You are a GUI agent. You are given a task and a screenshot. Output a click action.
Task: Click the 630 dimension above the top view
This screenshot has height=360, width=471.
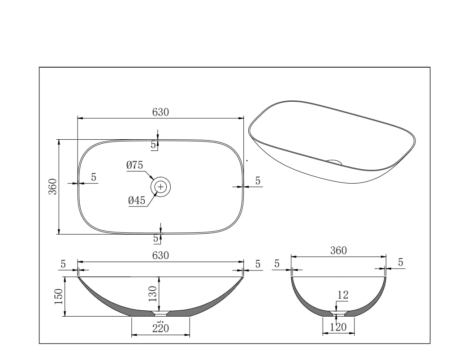160,112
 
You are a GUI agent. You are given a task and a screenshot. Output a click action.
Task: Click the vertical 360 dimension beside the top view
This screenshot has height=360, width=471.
52,186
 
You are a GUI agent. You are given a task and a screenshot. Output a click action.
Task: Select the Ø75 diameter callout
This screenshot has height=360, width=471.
134,165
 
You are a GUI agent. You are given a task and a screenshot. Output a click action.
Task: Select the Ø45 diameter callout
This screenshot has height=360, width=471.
137,201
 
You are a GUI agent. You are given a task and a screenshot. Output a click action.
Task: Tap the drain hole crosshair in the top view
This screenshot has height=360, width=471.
161,186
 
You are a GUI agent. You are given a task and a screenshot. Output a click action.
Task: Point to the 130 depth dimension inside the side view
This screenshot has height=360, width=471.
153,294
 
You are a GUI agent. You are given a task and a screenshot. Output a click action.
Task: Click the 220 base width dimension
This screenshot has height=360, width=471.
160,328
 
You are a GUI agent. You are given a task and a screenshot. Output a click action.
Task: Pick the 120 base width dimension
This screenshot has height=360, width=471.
338,327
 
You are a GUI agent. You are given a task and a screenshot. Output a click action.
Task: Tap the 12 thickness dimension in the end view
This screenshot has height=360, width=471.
342,295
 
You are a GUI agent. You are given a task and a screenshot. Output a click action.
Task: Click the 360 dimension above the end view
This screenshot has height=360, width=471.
338,251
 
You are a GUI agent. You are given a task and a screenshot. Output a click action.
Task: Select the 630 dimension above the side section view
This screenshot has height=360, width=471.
160,256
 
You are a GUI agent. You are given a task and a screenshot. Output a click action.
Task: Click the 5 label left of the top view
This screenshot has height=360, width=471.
93,177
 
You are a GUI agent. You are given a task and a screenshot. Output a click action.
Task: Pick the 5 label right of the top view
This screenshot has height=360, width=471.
258,181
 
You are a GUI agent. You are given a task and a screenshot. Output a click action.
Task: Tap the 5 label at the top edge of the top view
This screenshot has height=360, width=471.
153,145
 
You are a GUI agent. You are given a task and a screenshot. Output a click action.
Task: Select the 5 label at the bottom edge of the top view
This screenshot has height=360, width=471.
156,239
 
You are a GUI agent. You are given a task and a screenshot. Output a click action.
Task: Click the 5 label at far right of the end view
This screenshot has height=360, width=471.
401,263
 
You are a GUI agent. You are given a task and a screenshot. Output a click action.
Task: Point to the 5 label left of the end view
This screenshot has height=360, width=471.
277,264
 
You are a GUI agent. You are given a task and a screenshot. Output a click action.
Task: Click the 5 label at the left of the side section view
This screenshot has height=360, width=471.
63,264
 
